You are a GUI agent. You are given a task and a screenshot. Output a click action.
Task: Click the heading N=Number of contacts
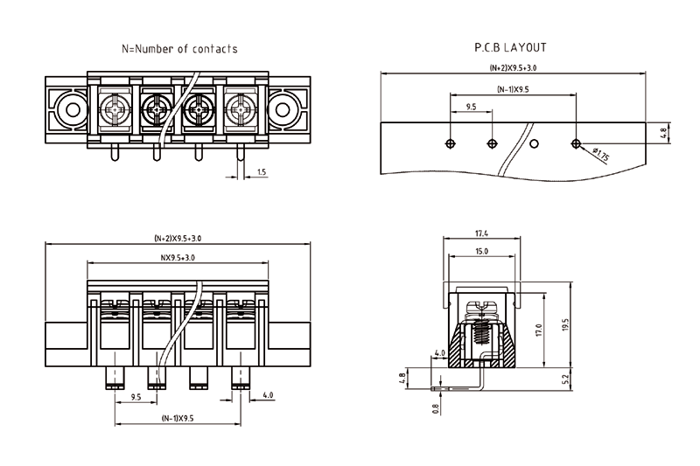[178, 49]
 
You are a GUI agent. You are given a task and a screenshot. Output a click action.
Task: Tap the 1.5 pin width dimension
[262, 172]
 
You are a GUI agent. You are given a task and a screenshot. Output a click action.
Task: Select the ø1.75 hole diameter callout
[600, 155]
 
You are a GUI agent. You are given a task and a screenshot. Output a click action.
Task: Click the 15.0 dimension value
[481, 251]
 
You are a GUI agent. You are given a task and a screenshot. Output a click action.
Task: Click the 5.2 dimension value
[564, 379]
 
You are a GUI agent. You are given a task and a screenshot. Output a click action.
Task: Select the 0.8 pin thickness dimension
[436, 407]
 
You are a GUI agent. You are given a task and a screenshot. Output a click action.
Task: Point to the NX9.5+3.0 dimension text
[177, 258]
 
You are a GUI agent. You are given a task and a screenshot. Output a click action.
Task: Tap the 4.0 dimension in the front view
[267, 395]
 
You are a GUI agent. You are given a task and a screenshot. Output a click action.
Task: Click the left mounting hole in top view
[68, 110]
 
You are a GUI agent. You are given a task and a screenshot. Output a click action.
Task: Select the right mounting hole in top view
[284, 110]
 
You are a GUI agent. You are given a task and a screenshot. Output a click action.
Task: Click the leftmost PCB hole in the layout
[450, 143]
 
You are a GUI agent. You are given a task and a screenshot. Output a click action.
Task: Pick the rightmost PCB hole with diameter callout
[576, 143]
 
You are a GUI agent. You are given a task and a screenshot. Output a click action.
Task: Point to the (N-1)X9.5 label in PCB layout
[513, 89]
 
